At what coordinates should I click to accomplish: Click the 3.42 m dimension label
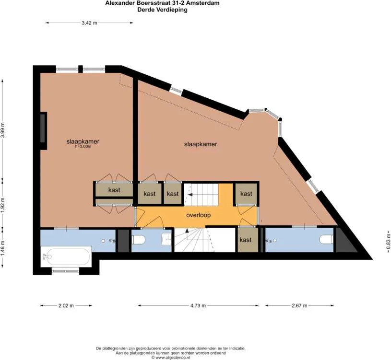tap(89, 23)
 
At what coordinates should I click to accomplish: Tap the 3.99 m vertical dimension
tap(2, 130)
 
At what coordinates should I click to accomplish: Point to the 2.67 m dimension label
tap(299, 305)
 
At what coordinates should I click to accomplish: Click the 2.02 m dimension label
tap(66, 305)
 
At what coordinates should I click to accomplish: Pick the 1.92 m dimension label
tap(2, 205)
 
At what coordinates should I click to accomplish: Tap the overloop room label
tap(199, 215)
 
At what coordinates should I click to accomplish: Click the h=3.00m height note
tap(83, 147)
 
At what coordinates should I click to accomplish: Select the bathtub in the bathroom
tap(66, 256)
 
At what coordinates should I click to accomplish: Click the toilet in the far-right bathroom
tap(326, 239)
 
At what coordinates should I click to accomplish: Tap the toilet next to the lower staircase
tap(138, 240)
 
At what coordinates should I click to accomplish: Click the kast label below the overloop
tap(246, 240)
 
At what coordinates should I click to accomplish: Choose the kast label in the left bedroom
tap(114, 190)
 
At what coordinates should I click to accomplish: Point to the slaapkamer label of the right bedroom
tap(201, 144)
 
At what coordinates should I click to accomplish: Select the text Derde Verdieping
tap(162, 10)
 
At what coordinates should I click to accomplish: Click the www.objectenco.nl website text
tap(173, 357)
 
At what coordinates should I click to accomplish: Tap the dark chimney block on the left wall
tap(43, 131)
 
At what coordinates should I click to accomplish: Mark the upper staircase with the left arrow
tap(201, 195)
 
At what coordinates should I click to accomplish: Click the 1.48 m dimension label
tap(2, 247)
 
